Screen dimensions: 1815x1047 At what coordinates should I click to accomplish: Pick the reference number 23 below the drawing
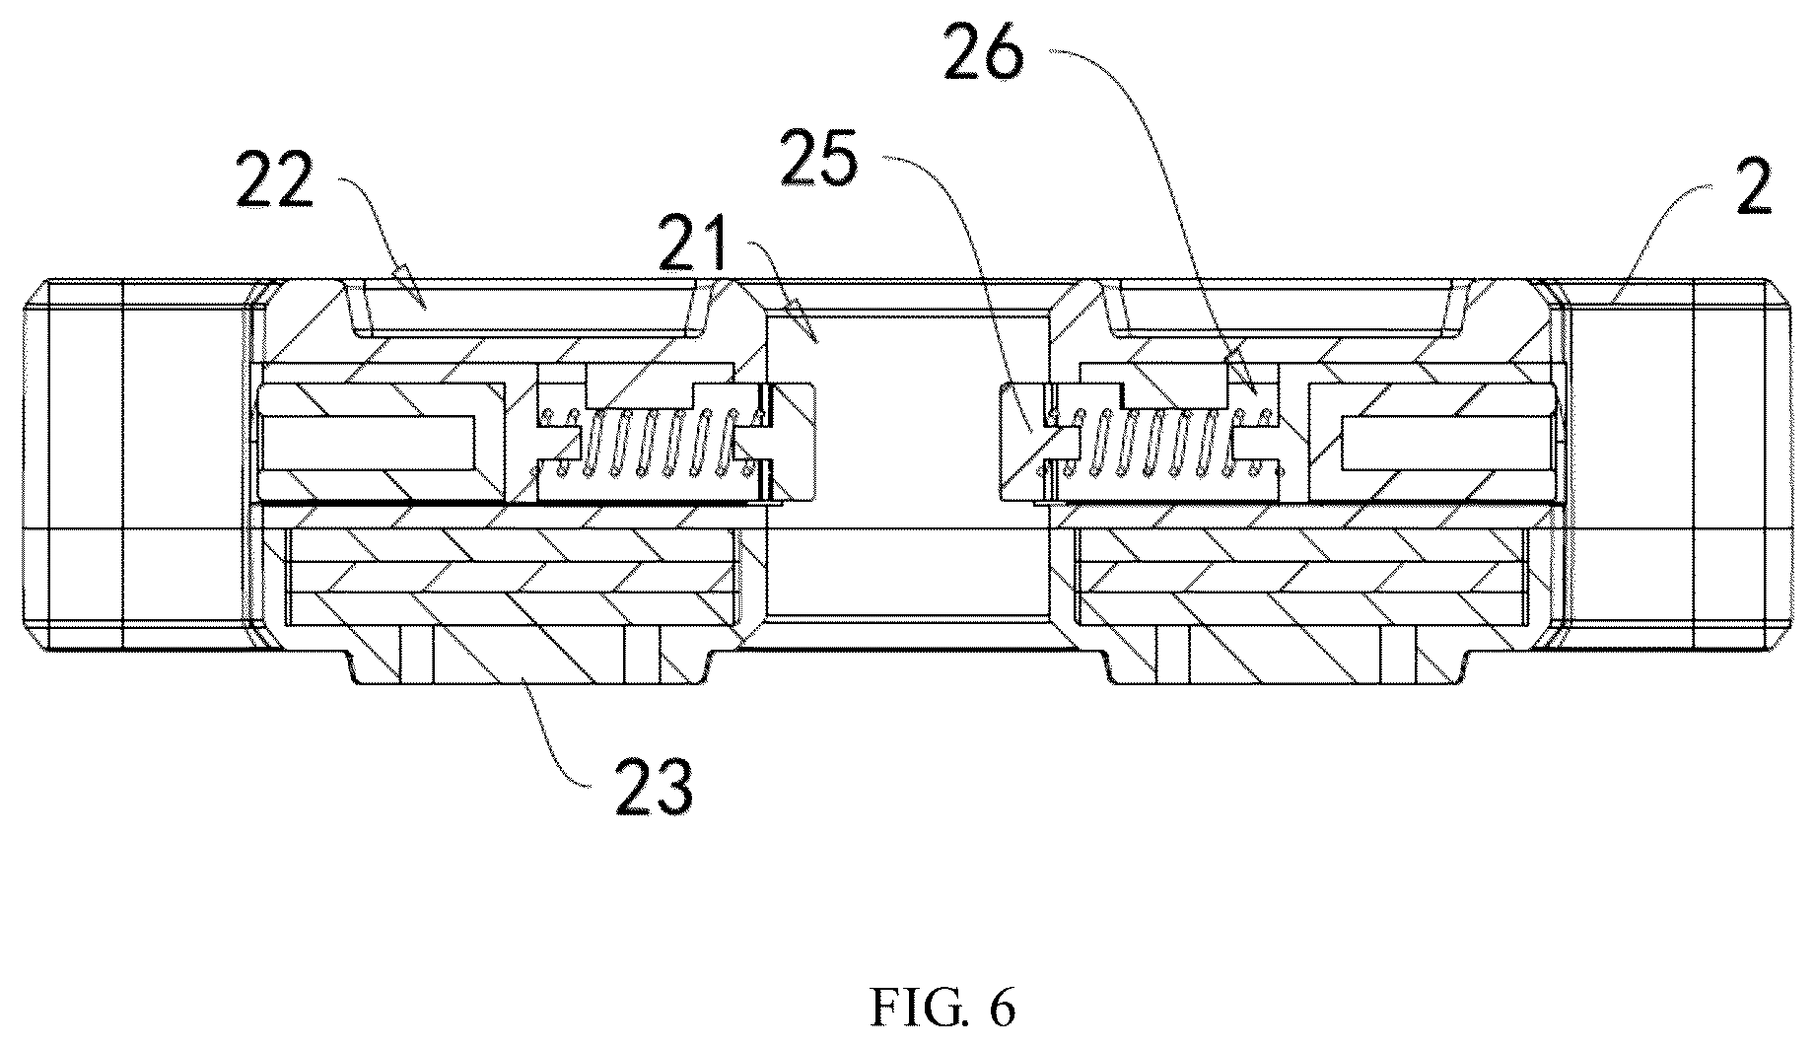click(x=655, y=785)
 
